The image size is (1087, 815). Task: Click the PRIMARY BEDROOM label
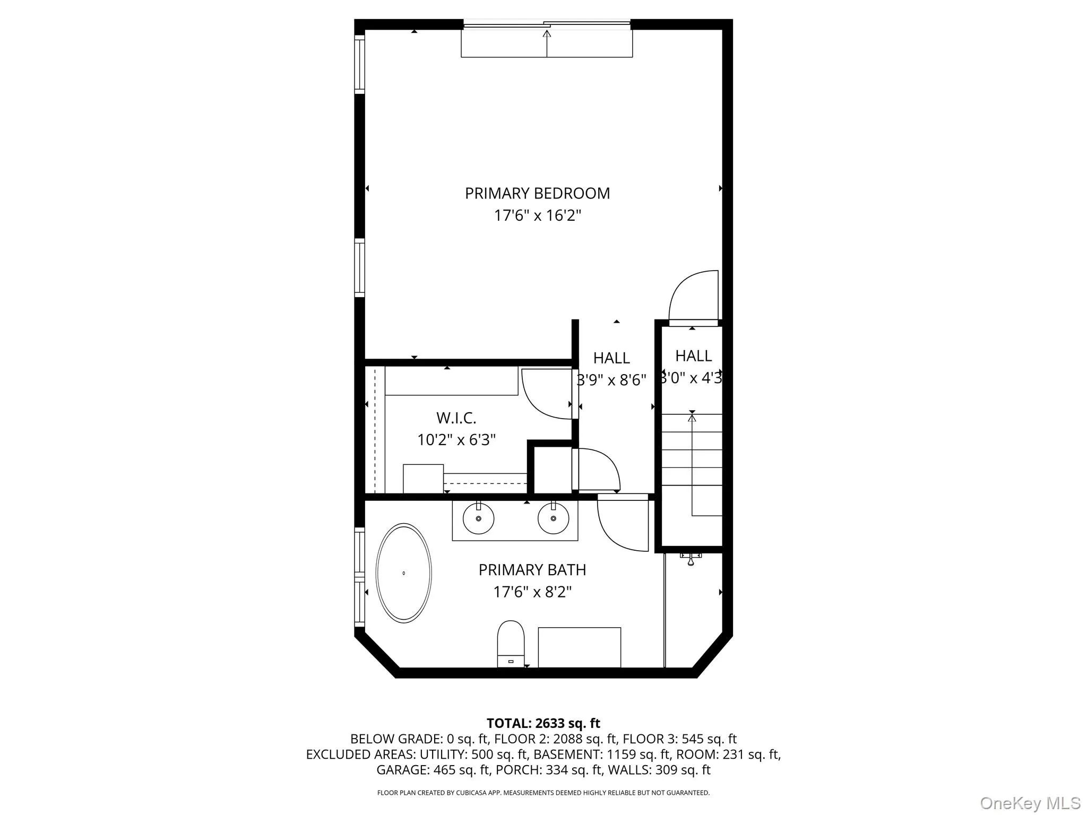tap(537, 193)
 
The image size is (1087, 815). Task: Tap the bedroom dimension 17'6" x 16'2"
tap(537, 216)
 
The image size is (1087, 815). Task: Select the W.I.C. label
tap(456, 418)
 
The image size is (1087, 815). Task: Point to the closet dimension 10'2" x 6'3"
tap(456, 440)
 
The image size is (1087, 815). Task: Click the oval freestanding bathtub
tap(403, 573)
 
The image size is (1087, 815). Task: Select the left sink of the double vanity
tap(478, 518)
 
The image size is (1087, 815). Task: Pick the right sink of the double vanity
tap(553, 518)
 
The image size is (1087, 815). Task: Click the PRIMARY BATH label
tap(532, 570)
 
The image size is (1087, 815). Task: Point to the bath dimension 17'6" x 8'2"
tap(532, 592)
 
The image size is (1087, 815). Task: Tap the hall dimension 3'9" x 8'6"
tap(611, 380)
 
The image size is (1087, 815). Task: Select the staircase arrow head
tap(692, 418)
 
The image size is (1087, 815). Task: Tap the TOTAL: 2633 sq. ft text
tap(543, 723)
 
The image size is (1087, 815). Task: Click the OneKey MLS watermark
tap(1030, 803)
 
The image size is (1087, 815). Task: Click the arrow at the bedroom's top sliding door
tap(547, 34)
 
